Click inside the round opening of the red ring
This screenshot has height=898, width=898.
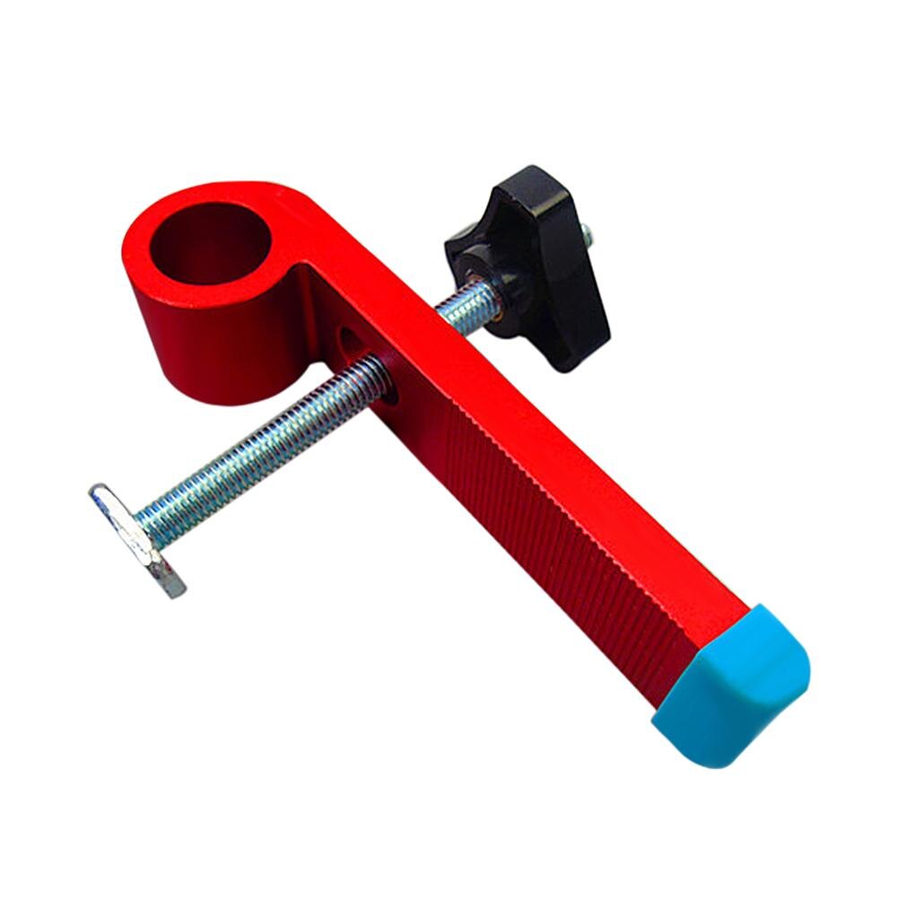[x=209, y=242]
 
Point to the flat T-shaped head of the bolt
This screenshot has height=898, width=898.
[x=135, y=538]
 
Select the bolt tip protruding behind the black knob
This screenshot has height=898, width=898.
[x=586, y=235]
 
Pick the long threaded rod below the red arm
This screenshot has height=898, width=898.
[x=269, y=440]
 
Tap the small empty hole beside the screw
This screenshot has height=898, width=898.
[x=345, y=339]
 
